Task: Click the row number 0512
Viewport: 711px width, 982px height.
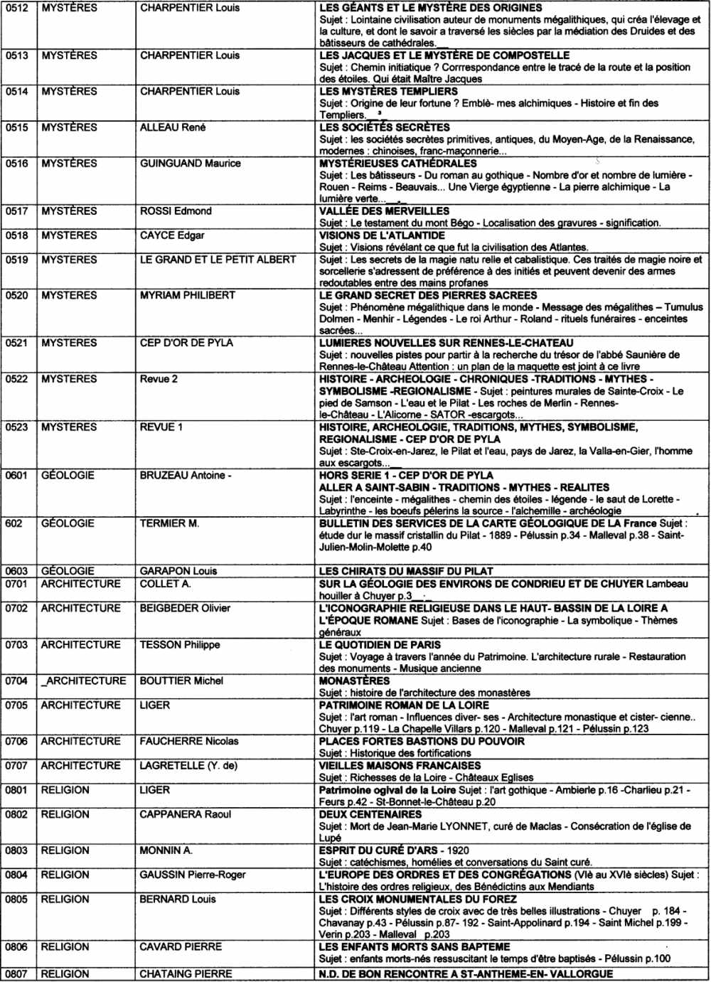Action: (x=17, y=8)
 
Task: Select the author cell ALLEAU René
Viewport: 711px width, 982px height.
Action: (x=173, y=127)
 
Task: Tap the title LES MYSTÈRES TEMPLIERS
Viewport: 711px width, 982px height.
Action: (x=388, y=91)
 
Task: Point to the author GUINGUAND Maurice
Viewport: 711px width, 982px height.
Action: (x=190, y=164)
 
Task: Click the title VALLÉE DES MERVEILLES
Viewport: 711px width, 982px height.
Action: (x=384, y=211)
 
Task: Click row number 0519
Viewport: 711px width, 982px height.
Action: (x=17, y=260)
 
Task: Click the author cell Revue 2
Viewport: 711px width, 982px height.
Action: (x=159, y=379)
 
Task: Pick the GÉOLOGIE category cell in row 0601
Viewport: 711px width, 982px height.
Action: (x=68, y=475)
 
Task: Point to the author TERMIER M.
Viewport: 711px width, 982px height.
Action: (x=169, y=523)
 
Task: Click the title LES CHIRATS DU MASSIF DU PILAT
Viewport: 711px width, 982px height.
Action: (x=406, y=571)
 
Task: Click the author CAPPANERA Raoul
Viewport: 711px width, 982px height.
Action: (x=185, y=814)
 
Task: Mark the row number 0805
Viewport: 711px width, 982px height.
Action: (x=17, y=899)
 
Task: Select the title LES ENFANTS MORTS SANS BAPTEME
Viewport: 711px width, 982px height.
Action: (x=415, y=947)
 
